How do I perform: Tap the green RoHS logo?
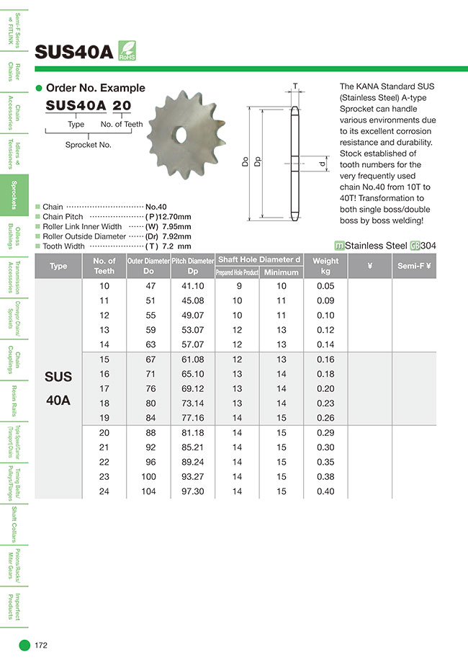tap(126, 51)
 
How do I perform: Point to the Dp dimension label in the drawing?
tap(258, 163)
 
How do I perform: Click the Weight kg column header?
tap(325, 265)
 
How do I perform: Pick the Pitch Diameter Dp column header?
tap(192, 265)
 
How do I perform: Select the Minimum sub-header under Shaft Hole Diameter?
tap(281, 272)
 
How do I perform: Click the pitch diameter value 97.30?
tap(192, 491)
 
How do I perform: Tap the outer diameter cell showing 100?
tap(149, 477)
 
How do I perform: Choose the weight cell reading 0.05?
tap(325, 285)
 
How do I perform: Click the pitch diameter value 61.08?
tap(192, 360)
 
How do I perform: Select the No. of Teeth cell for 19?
tap(104, 418)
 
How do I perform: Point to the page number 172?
tap(41, 645)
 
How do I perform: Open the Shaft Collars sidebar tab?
tap(14, 524)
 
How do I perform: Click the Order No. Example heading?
tap(95, 88)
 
